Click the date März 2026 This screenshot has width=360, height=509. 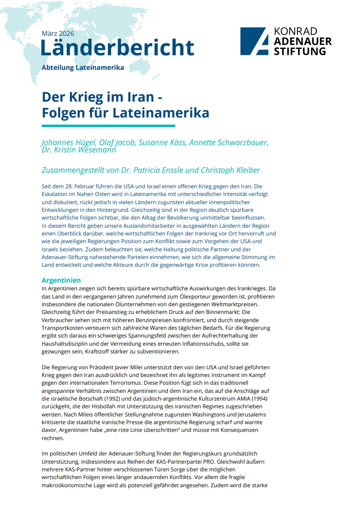[x=58, y=34]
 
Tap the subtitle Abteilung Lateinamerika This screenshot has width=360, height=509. [x=83, y=68]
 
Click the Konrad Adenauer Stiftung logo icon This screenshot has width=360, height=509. [x=254, y=41]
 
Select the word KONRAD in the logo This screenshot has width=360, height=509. [x=295, y=31]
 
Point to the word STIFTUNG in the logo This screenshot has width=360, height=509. [x=300, y=51]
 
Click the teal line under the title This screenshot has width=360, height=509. [x=108, y=126]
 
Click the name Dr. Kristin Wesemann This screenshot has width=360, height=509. [x=79, y=150]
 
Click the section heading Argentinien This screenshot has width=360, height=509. [x=61, y=280]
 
